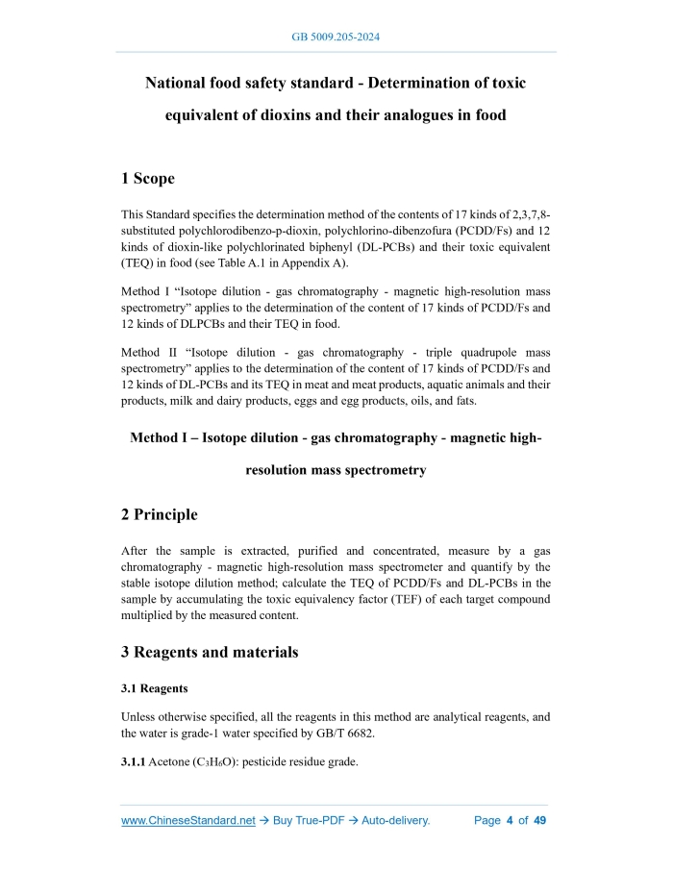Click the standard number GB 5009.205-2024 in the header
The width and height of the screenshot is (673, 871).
336,37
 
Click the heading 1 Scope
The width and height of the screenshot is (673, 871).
148,178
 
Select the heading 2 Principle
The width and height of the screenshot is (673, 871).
160,514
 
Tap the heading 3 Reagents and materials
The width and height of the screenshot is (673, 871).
210,652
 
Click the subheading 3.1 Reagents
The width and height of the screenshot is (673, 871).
154,688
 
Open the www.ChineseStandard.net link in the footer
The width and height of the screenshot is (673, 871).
187,820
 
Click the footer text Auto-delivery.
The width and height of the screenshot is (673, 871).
395,820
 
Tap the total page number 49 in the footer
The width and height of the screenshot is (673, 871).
539,820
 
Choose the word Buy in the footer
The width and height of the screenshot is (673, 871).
289,820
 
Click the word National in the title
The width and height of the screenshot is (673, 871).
178,84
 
